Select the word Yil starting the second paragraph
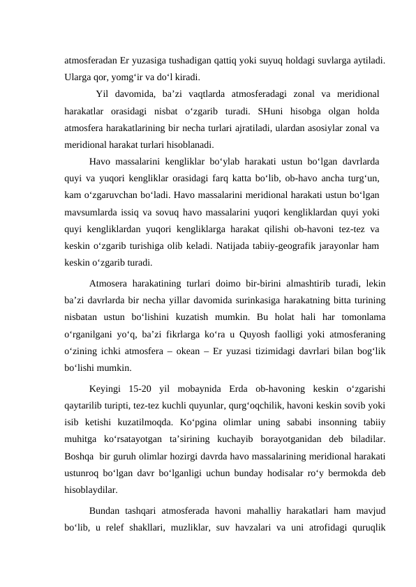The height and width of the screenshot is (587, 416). click(106, 93)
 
